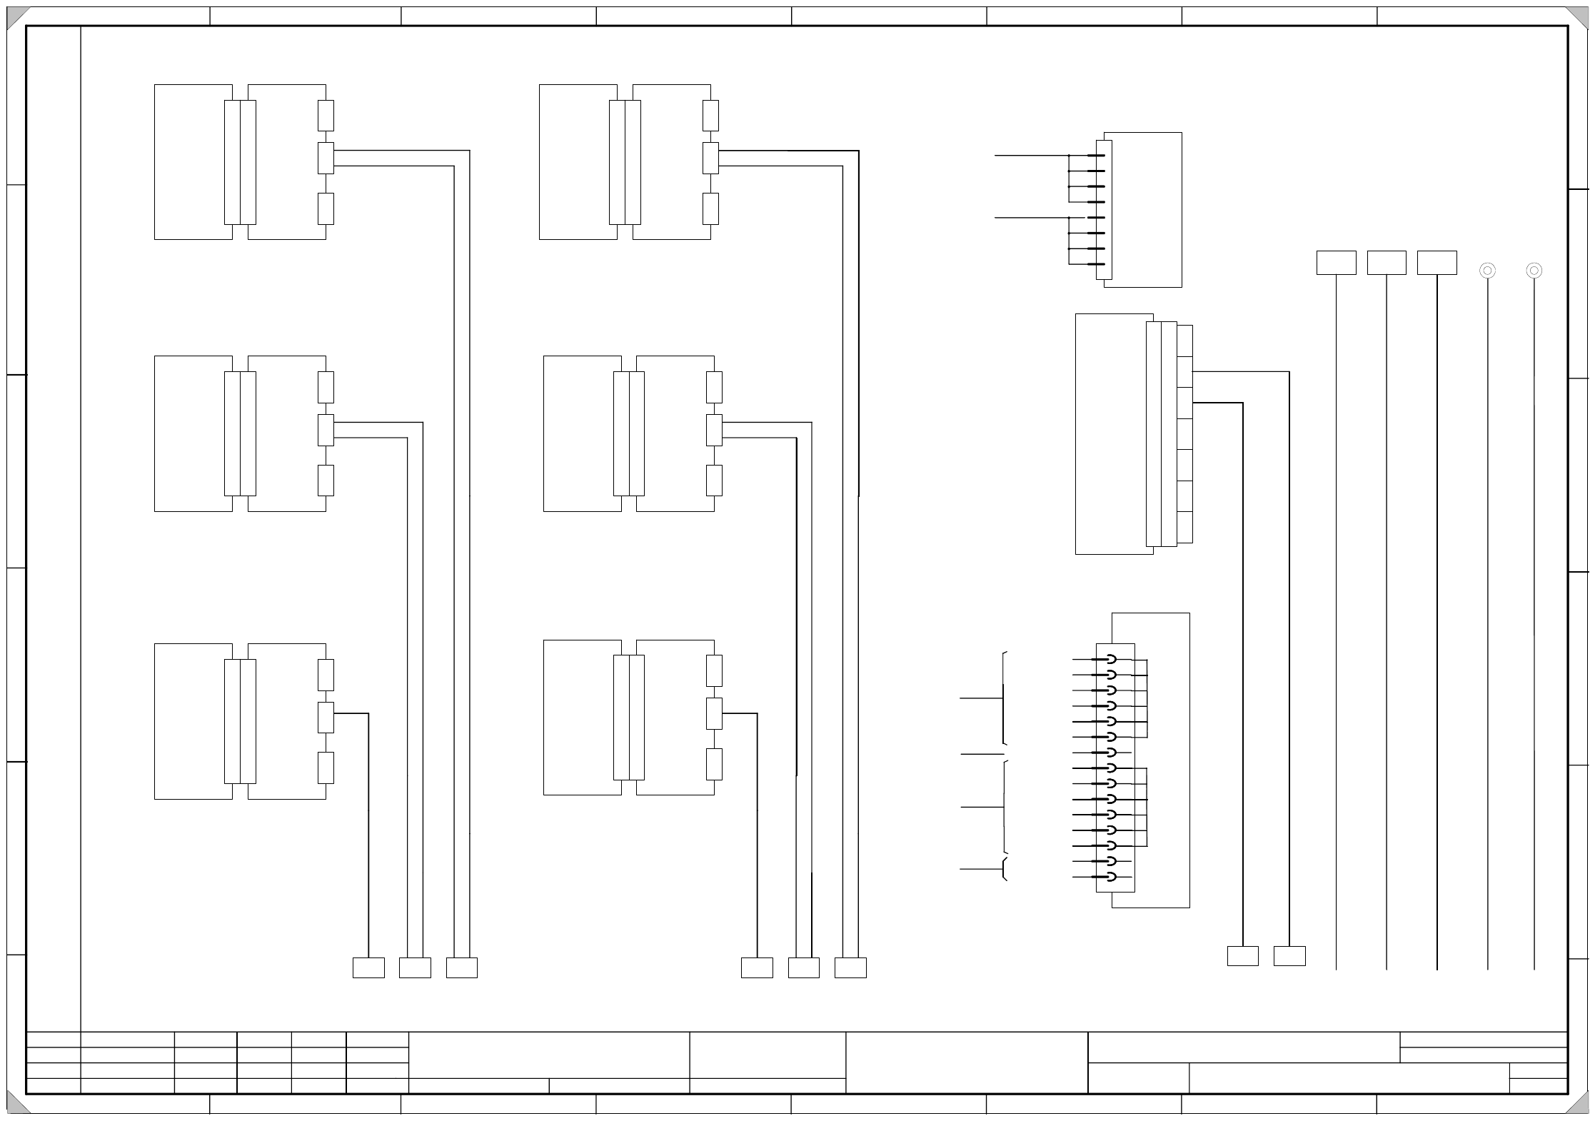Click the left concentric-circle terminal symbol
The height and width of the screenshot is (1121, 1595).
coord(1487,271)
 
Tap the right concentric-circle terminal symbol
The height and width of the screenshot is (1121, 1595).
coord(1534,271)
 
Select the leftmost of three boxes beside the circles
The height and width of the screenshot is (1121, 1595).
coord(1336,263)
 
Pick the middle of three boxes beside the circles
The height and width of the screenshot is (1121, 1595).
coord(1387,263)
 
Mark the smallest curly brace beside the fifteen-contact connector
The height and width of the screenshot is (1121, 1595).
coord(1005,869)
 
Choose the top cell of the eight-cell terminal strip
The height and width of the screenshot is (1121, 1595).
coord(1184,341)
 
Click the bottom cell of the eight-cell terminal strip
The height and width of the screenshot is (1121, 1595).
coord(1184,527)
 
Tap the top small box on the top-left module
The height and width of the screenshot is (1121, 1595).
coord(326,116)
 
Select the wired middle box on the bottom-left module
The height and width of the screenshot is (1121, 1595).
coord(326,717)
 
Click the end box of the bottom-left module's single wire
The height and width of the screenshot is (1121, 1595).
coord(368,967)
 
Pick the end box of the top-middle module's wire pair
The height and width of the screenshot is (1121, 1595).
coord(850,967)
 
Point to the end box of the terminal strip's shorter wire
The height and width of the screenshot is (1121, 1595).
coord(1242,956)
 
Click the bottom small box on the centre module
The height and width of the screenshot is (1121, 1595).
coord(714,481)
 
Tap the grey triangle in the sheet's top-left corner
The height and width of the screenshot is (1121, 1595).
coord(17,17)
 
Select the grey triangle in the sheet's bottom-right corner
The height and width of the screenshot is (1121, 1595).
coord(1578,1104)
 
